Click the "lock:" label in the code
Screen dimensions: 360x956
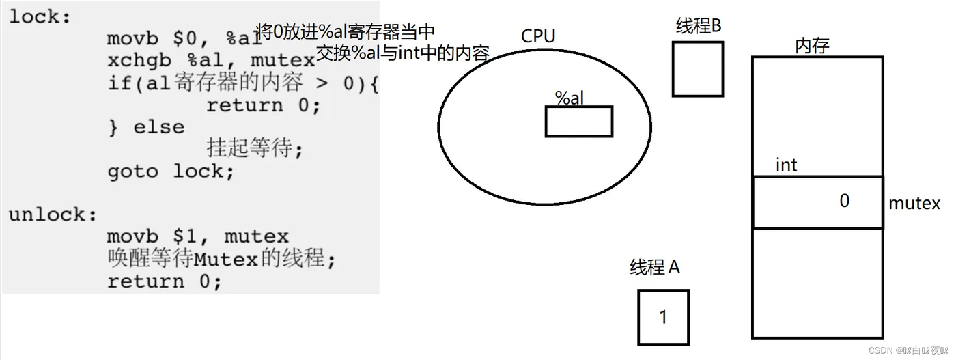[x=40, y=17]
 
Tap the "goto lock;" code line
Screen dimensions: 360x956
[x=171, y=171]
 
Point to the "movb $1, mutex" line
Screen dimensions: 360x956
[x=197, y=237]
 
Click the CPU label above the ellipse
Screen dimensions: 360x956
[x=538, y=36]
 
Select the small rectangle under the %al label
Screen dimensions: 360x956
[x=578, y=122]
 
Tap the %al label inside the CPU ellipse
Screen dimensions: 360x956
[x=569, y=98]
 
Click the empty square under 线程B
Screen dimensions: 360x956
[x=697, y=69]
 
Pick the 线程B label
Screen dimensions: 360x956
[x=699, y=27]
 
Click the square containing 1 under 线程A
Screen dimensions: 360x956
[x=663, y=317]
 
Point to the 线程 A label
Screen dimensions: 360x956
[x=655, y=268]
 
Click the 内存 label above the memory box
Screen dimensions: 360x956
[x=812, y=46]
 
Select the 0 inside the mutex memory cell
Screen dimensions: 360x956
[x=844, y=202]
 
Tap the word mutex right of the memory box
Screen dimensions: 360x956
[x=914, y=204]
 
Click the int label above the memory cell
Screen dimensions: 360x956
[x=786, y=165]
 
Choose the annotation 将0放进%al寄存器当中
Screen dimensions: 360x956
[x=345, y=31]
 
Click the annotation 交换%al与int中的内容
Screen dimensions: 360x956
[x=403, y=53]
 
